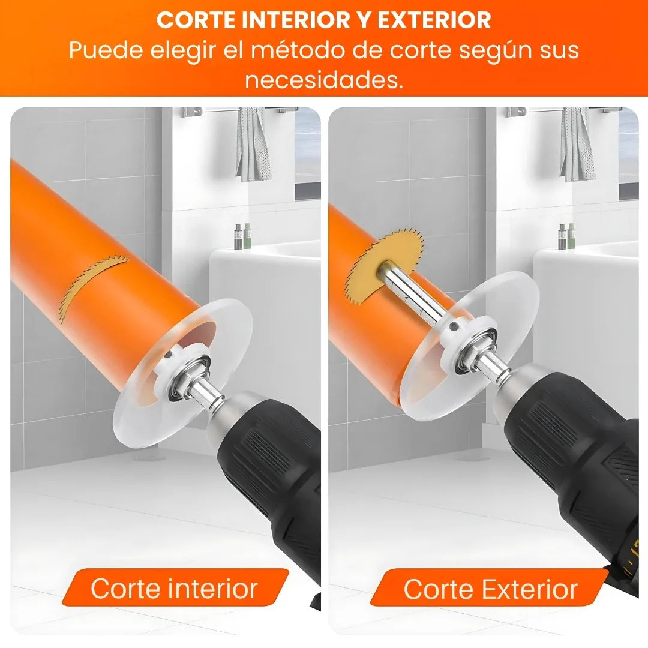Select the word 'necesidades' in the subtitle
324,79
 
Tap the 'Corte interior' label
174,589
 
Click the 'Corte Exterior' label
490,589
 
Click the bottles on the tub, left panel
242,236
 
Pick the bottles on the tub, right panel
566,236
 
